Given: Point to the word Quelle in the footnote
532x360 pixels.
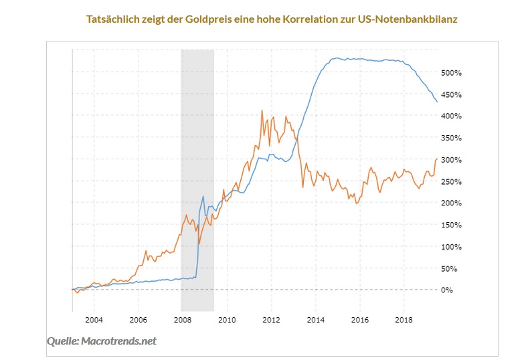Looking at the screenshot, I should point(62,341).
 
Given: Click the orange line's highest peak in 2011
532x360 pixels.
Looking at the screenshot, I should point(262,110).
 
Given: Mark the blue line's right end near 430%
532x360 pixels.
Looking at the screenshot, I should point(437,102).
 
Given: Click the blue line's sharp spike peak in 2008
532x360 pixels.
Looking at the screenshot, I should point(203,196).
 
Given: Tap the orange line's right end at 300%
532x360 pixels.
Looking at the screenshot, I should point(437,159).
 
